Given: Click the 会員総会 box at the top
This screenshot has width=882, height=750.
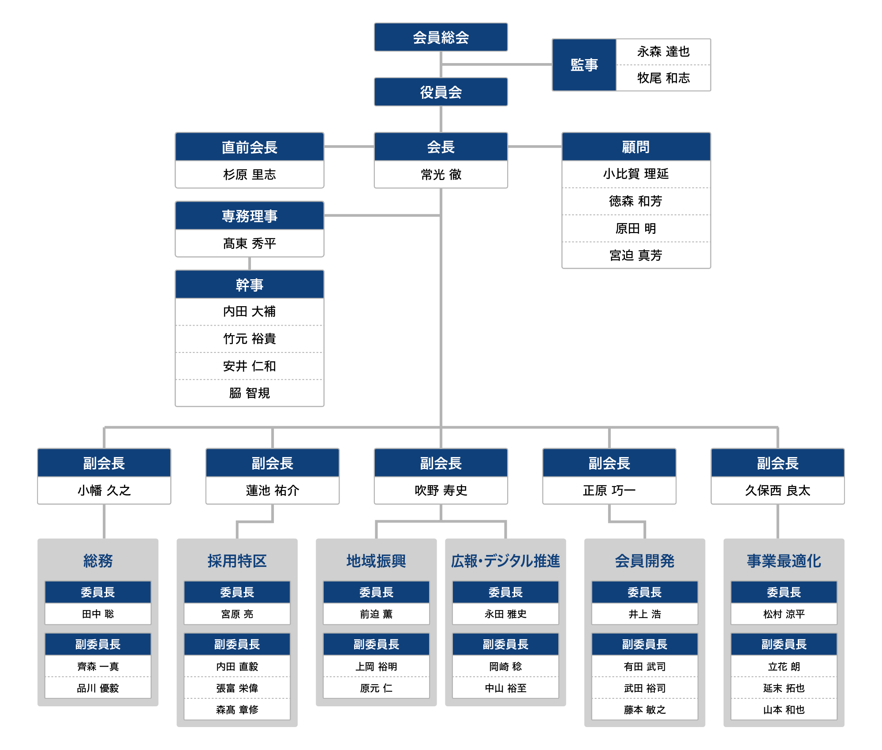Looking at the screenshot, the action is [x=441, y=37].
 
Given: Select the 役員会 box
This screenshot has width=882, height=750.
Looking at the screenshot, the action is [x=441, y=92].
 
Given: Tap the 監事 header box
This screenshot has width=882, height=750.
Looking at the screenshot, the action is [x=584, y=65].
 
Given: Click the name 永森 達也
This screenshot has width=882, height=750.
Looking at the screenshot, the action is [x=663, y=52].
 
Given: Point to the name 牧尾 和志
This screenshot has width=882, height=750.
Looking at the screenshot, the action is [x=663, y=78].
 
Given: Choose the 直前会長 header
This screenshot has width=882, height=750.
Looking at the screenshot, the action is [x=250, y=146].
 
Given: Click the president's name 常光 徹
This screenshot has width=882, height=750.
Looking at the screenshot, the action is [x=441, y=175].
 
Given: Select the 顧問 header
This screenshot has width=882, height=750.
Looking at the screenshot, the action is [x=636, y=146].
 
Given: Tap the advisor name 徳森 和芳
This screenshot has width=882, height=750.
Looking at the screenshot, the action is [x=635, y=201].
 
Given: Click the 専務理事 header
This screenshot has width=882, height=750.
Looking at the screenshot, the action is [x=250, y=215].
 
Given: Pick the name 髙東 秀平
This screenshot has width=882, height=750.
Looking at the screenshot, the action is [x=250, y=243].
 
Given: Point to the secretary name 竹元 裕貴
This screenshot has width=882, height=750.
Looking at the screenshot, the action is [x=250, y=339].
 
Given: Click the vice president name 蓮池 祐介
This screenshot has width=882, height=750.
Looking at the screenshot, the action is [x=273, y=490].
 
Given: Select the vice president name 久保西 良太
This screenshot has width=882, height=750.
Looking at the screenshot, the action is [x=777, y=490].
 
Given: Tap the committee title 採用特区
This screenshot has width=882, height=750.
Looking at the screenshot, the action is [x=237, y=561].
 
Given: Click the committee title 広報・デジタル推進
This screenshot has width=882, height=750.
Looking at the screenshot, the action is [x=505, y=561].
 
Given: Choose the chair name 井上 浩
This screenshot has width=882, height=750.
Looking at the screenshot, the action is [x=645, y=614].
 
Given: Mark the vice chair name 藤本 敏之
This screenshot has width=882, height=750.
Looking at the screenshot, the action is [x=645, y=709].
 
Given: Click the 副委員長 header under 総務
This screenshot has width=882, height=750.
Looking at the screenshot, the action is [x=98, y=644].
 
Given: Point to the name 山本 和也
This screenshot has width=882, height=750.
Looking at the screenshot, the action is [x=784, y=709].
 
